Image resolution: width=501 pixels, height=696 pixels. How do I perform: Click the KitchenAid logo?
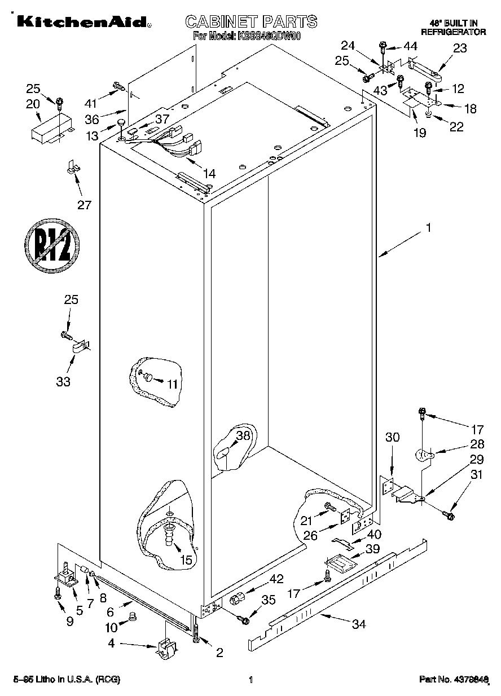[82, 22]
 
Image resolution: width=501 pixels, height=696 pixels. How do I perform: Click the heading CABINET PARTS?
[251, 21]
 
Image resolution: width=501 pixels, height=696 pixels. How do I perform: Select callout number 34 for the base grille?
[358, 624]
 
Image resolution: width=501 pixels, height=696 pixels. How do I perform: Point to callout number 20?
[33, 103]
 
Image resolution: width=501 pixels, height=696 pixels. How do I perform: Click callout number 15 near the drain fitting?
[185, 560]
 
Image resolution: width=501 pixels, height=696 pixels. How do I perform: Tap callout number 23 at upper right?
[460, 48]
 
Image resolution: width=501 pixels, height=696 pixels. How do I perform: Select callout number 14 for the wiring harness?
[208, 173]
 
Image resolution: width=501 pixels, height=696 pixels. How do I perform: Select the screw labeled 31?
[449, 514]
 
